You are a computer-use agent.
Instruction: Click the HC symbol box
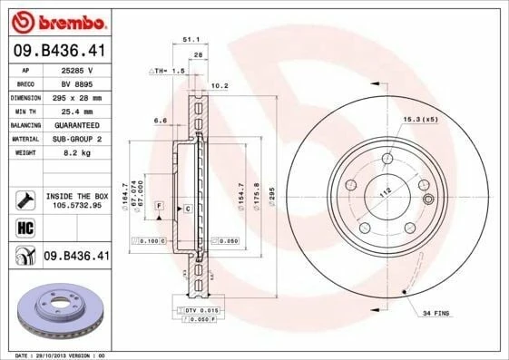[x=25, y=226]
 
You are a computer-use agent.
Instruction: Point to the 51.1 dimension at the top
[x=191, y=40]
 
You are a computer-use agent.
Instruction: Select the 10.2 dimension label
[x=219, y=87]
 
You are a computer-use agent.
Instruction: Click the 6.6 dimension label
[x=161, y=120]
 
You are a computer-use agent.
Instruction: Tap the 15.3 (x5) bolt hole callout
[x=445, y=119]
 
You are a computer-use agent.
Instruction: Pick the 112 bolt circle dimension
[x=384, y=192]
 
